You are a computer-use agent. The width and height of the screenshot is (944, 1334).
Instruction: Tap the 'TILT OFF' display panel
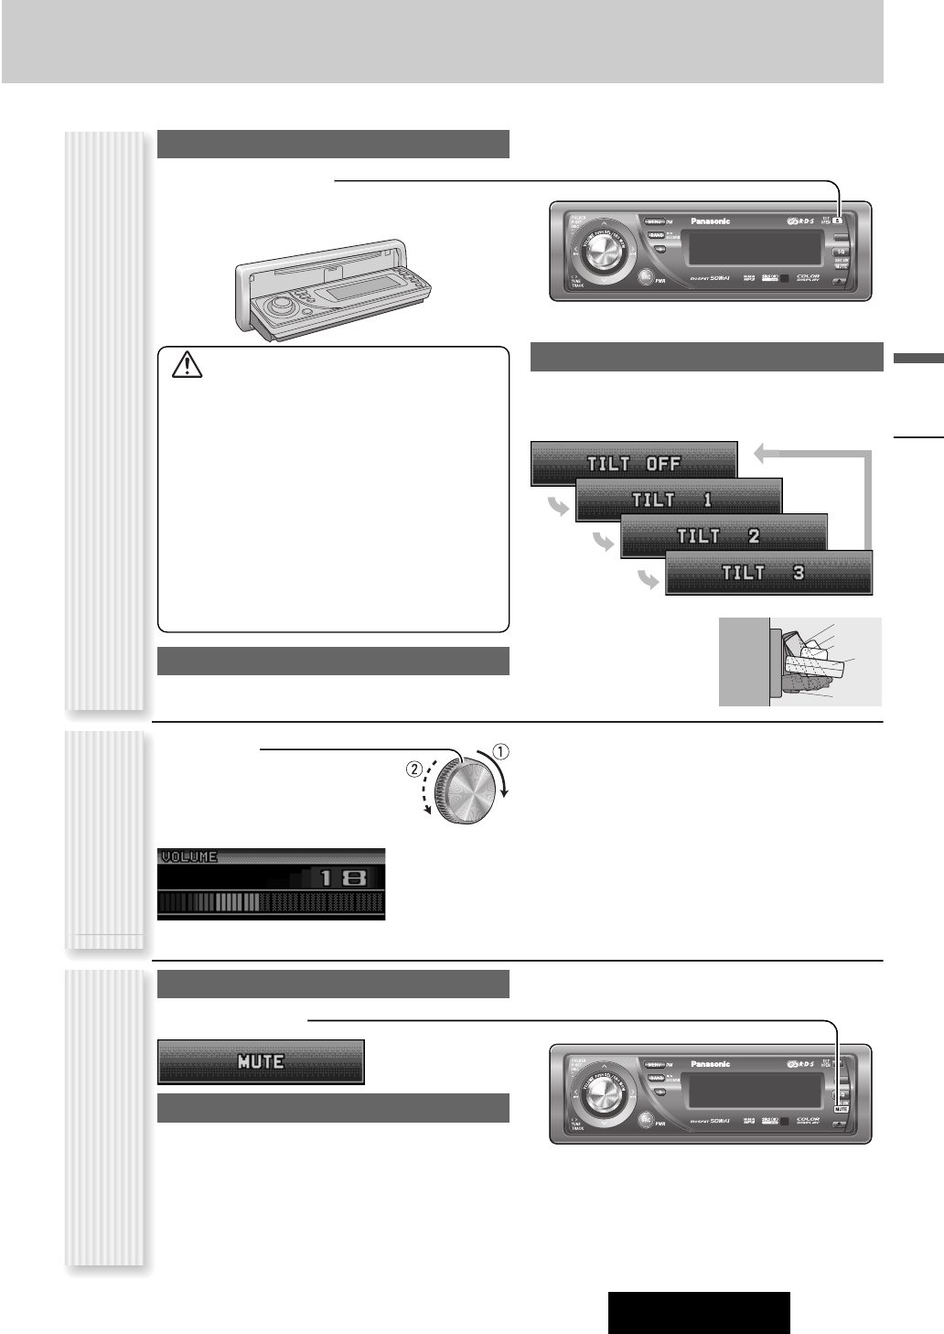click(x=634, y=463)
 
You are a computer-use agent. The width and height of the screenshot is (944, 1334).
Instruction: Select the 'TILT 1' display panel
click(x=678, y=500)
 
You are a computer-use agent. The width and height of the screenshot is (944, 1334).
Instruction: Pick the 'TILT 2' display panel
click(x=724, y=536)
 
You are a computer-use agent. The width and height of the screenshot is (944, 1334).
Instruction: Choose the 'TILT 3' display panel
click(x=768, y=574)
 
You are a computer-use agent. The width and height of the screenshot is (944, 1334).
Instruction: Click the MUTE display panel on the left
click(x=261, y=1061)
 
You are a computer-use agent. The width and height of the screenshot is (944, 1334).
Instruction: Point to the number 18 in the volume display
click(x=341, y=878)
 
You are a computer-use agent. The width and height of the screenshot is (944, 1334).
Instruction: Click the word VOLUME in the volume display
click(x=189, y=857)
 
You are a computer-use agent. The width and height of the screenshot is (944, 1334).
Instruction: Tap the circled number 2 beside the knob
click(x=413, y=770)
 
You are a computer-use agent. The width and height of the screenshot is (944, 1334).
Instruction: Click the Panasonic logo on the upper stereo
click(x=710, y=221)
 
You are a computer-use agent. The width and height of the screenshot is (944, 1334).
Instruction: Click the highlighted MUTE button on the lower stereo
click(x=841, y=1108)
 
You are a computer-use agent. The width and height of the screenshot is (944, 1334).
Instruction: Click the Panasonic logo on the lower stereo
click(x=710, y=1064)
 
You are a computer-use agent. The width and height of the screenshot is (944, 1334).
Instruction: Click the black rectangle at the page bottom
click(x=698, y=1313)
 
